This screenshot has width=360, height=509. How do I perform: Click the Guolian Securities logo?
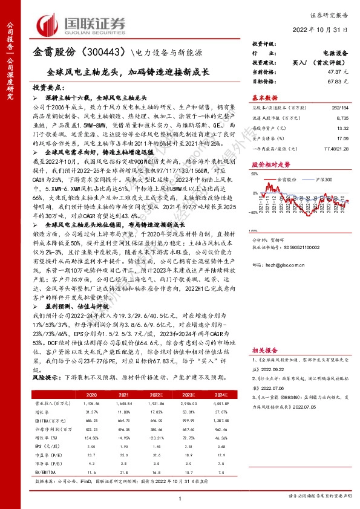82,22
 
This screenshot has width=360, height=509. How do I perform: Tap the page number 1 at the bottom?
180,498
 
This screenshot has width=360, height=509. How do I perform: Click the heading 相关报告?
264,349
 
